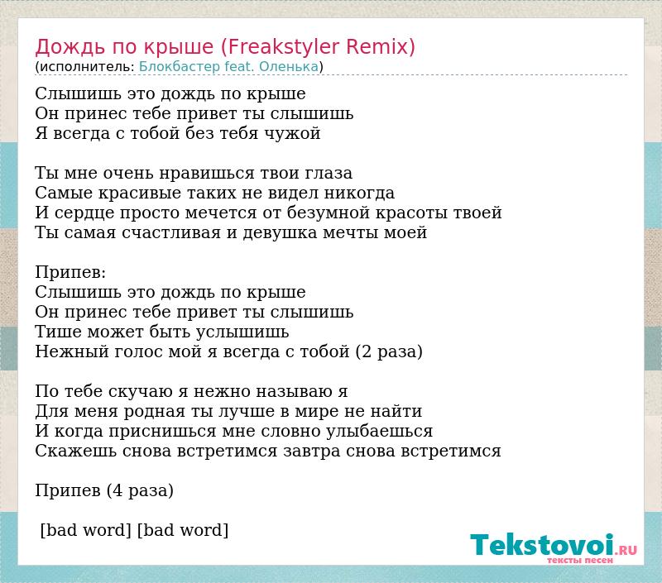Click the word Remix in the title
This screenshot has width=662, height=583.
coord(381,46)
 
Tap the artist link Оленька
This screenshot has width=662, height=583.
coord(289,67)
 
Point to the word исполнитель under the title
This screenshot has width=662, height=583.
coord(84,67)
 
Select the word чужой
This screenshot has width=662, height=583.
coord(293,134)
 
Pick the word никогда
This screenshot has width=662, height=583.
coord(359,194)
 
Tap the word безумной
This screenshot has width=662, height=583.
coord(328,213)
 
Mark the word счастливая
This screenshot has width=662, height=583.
coord(171,233)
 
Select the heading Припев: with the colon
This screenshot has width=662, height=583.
coord(70,273)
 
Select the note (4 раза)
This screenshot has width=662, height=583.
coord(140,491)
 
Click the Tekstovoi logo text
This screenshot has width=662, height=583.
coord(542,545)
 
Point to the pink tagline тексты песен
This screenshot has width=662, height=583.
coord(580,560)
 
